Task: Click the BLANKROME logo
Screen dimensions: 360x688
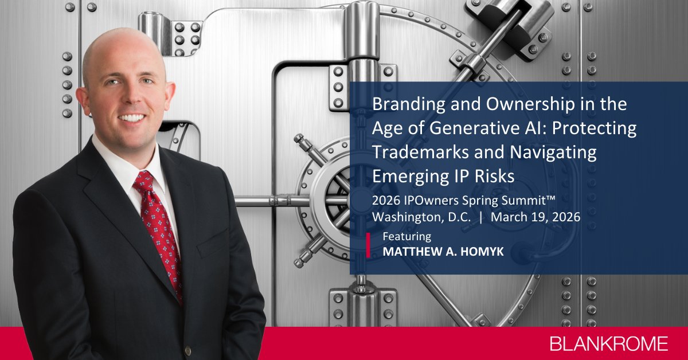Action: pyautogui.click(x=608, y=344)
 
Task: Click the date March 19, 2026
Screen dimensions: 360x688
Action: pyautogui.click(x=536, y=217)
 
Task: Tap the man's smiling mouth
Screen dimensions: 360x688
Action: pyautogui.click(x=131, y=118)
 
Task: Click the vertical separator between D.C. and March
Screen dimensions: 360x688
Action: pyautogui.click(x=480, y=217)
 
